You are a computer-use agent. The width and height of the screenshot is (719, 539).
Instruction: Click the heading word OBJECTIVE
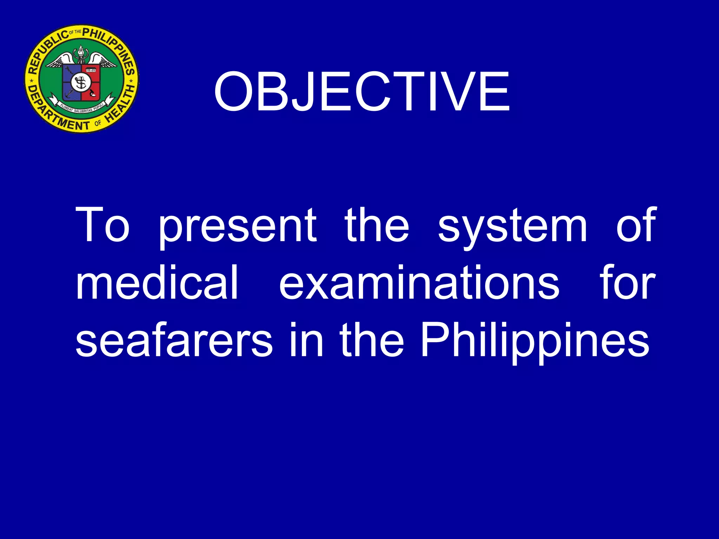[x=362, y=92]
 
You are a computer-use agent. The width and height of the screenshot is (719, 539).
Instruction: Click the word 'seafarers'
[x=174, y=340]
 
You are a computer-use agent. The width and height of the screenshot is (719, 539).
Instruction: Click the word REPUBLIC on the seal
[x=47, y=51]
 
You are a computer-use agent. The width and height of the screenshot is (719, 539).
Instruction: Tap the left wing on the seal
[x=60, y=61]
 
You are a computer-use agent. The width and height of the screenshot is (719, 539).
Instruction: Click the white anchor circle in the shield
[x=81, y=83]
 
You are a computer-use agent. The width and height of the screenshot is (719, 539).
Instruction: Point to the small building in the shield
[x=91, y=71]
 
